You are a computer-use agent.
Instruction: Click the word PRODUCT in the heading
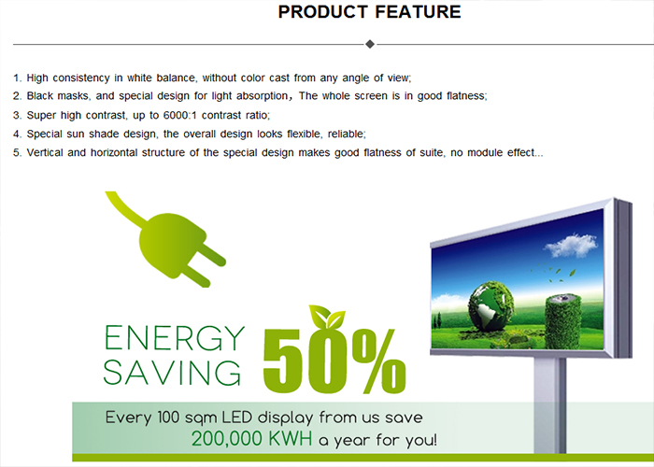point(323,11)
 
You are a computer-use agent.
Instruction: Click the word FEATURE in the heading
point(418,11)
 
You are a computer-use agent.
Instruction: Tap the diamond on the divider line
point(370,44)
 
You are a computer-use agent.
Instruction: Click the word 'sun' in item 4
point(76,134)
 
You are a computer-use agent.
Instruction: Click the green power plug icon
point(166,239)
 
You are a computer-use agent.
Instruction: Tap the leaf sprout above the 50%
point(327,318)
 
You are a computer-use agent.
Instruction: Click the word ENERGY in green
point(174,338)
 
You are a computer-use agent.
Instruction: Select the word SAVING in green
point(172,372)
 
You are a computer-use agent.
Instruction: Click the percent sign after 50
point(378,361)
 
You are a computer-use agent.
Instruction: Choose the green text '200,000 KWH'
point(251,439)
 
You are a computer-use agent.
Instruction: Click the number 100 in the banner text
point(168,417)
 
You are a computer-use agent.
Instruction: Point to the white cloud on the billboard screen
point(572,246)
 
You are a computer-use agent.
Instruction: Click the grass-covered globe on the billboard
point(490,306)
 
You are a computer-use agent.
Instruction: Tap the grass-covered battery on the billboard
point(563,321)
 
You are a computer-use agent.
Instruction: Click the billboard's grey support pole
point(549,404)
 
